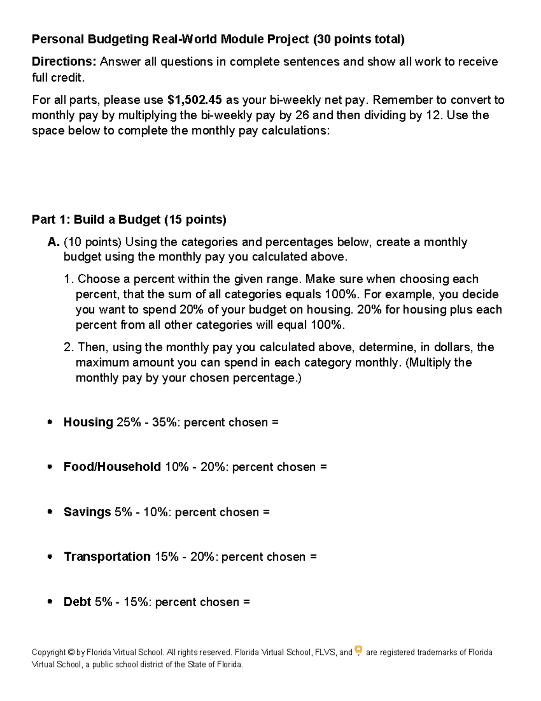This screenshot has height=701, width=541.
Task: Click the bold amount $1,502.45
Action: pyautogui.click(x=194, y=100)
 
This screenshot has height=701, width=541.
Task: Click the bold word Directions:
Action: pyautogui.click(x=64, y=62)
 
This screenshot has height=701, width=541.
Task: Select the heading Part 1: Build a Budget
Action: pyautogui.click(x=129, y=220)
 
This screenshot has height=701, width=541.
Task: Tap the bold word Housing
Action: pyautogui.click(x=88, y=422)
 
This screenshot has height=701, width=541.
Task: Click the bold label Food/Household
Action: pyautogui.click(x=112, y=467)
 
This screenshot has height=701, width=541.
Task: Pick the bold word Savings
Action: pyautogui.click(x=87, y=512)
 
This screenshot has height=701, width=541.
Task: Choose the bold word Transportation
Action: pyautogui.click(x=107, y=557)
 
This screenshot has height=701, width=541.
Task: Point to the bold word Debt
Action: pyautogui.click(x=77, y=602)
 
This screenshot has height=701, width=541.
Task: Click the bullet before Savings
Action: pyautogui.click(x=50, y=512)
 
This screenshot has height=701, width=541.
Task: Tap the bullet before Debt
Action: pyautogui.click(x=50, y=602)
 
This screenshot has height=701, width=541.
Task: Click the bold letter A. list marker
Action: pyautogui.click(x=53, y=242)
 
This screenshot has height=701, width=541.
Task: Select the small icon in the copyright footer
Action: pyautogui.click(x=358, y=650)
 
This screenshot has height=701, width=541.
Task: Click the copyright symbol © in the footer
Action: pyautogui.click(x=71, y=653)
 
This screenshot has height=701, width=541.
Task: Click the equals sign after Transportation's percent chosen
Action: pyautogui.click(x=313, y=557)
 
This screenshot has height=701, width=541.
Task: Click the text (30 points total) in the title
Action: pyautogui.click(x=359, y=40)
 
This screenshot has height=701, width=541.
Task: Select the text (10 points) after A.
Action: pyautogui.click(x=92, y=242)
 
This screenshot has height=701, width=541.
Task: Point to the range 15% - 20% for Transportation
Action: pyautogui.click(x=186, y=557)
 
